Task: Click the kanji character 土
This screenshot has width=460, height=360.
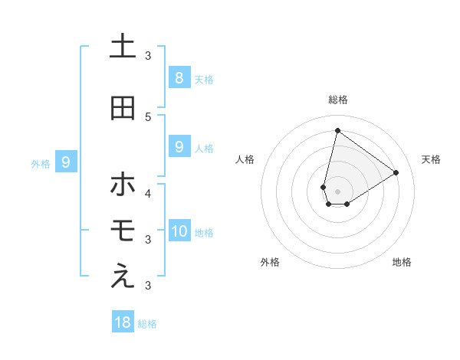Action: coord(123,47)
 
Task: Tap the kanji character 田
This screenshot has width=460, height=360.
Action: coord(123,108)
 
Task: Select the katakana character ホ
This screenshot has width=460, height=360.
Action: coord(123,185)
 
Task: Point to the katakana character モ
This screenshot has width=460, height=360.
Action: coord(123,231)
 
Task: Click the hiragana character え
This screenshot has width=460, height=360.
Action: coord(123,277)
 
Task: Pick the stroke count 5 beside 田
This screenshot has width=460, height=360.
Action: coord(148,116)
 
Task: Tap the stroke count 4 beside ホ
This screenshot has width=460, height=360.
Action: coord(148,193)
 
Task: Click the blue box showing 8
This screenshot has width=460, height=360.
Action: coord(179,77)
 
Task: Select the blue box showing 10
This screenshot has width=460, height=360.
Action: coord(179,231)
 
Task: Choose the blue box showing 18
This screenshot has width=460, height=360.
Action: coord(123,322)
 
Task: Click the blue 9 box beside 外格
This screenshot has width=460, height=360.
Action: coord(67,162)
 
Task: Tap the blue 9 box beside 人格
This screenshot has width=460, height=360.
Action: coord(179,147)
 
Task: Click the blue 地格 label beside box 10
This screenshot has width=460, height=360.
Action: coord(205,232)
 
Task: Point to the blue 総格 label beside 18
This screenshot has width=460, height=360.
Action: coord(147,323)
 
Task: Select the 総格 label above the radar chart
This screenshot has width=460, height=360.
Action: coord(338,100)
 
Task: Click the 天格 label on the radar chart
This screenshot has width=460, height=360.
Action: coord(431,159)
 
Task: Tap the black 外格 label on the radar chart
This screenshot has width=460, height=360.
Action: coord(270,262)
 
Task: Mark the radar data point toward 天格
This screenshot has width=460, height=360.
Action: coord(396,172)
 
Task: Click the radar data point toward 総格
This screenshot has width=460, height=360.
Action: coord(337,130)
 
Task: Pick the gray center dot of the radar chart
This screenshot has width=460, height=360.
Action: coord(337,191)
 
